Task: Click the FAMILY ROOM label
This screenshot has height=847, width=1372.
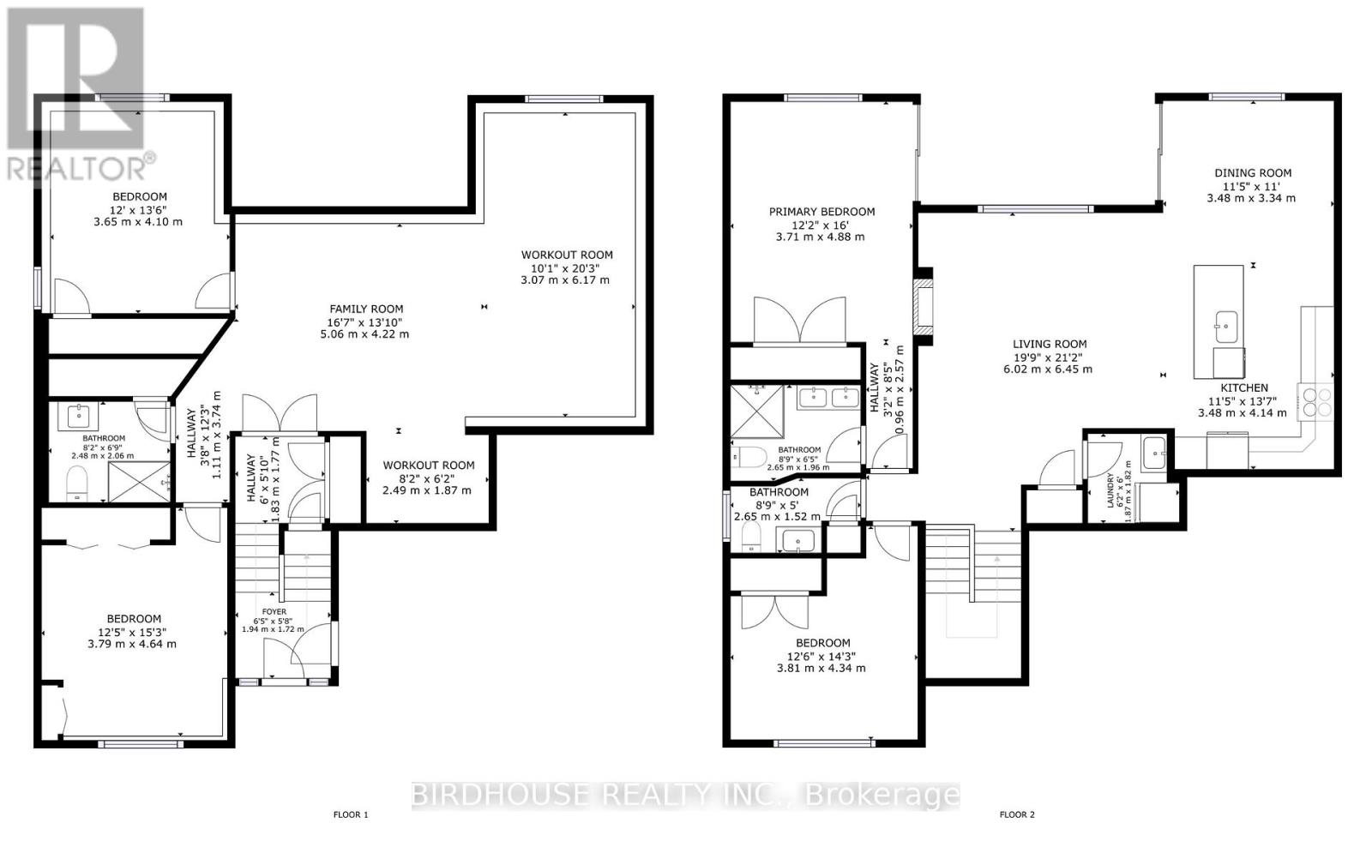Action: [366, 309]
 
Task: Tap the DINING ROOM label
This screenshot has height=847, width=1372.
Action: [1252, 172]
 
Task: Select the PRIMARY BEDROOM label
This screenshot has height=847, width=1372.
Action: [821, 212]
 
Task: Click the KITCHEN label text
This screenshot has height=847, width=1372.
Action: [1243, 387]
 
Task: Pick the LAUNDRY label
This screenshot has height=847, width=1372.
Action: [1110, 490]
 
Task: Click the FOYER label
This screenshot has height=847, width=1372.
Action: [274, 611]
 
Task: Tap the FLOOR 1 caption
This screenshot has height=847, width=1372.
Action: [350, 814]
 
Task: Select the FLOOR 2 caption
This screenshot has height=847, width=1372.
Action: [1017, 814]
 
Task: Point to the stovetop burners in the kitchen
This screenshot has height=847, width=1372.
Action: [1316, 402]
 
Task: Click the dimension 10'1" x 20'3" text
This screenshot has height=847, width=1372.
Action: [566, 267]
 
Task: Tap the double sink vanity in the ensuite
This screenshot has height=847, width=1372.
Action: [828, 397]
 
